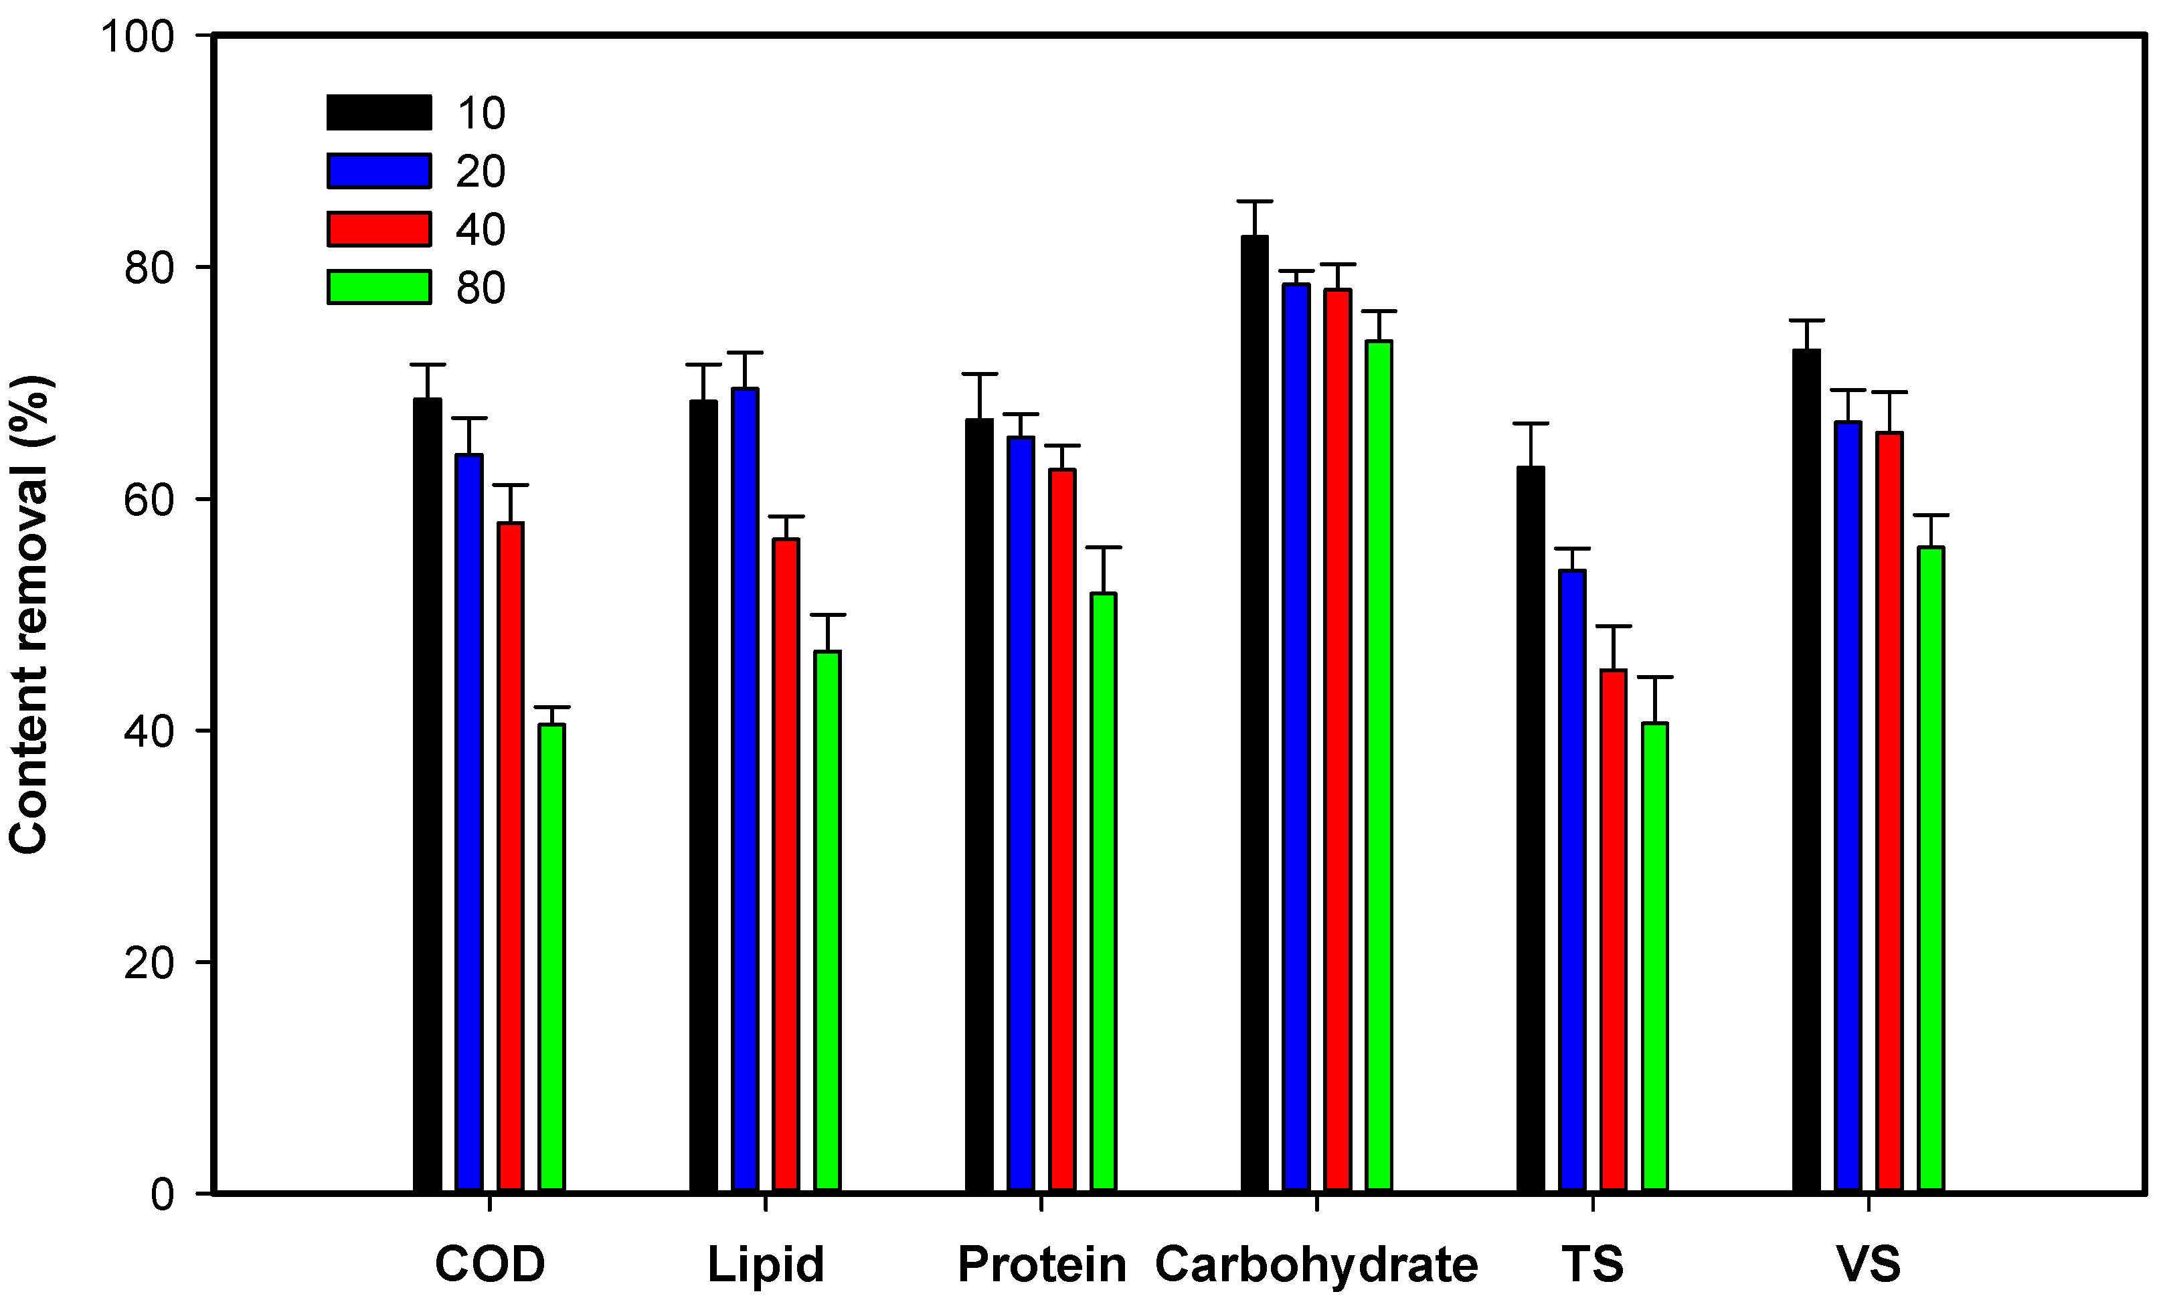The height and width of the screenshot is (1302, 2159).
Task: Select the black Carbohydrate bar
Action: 1255,713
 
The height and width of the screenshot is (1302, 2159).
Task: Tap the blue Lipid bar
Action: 746,789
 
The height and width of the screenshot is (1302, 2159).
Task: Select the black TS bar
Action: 1531,829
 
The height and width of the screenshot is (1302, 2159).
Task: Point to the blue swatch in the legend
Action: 379,171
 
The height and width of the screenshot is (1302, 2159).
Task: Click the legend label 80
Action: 480,288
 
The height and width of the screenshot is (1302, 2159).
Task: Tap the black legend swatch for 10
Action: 379,112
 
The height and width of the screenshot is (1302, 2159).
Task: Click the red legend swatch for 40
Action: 379,229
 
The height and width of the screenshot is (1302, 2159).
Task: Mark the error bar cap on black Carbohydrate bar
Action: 1255,201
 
